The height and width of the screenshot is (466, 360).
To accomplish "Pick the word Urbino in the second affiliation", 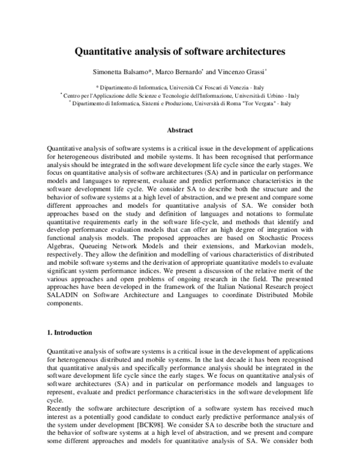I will (274, 95).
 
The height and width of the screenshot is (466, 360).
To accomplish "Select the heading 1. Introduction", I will (69, 333).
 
